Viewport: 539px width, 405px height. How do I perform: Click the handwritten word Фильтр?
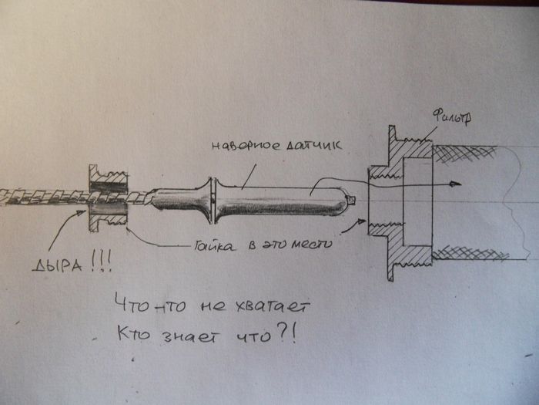[x=451, y=117]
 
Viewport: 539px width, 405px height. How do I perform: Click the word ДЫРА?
[x=58, y=265]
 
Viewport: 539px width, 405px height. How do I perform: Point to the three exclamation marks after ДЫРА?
[x=102, y=262]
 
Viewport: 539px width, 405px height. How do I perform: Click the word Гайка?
[x=215, y=245]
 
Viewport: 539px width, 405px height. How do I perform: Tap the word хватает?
[x=273, y=306]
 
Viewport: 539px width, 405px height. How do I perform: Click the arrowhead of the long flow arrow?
[x=456, y=184]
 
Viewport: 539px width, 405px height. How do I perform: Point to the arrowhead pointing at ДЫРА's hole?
[x=81, y=213]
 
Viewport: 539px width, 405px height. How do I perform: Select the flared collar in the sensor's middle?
[x=212, y=201]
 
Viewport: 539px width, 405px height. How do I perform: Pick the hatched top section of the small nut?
[x=109, y=175]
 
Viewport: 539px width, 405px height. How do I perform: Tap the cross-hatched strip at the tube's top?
[x=465, y=153]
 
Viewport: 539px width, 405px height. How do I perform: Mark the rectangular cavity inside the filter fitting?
[x=417, y=201]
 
